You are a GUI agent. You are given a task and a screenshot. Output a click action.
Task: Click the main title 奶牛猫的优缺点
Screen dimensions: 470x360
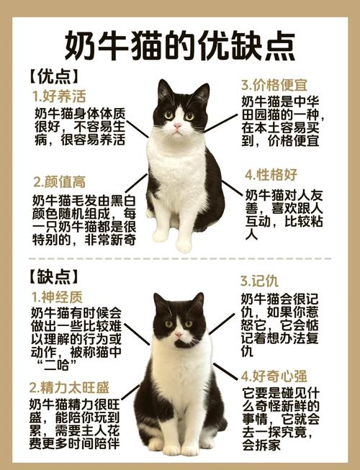[180, 45]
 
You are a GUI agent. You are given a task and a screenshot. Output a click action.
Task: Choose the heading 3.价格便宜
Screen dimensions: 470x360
[279, 84]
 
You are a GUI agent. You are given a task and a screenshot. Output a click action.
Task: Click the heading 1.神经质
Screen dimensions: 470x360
[60, 296]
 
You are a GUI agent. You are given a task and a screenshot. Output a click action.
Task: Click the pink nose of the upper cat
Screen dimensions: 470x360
[177, 127]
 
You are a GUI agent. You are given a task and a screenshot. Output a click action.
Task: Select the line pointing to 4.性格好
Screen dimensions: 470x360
[230, 189]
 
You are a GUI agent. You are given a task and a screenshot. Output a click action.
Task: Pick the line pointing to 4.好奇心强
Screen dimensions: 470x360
[229, 379]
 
